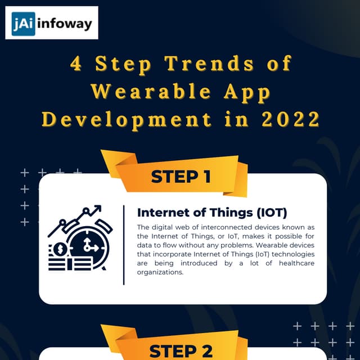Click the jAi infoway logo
click(52, 23)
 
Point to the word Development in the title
click(127, 119)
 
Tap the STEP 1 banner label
click(181, 177)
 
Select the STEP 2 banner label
click(181, 351)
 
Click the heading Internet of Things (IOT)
click(212, 213)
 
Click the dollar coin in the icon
click(59, 248)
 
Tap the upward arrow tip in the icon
click(99, 208)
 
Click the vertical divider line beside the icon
click(124, 245)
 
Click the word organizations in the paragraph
click(160, 272)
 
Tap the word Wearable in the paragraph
click(262, 245)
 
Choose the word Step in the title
click(121, 64)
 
